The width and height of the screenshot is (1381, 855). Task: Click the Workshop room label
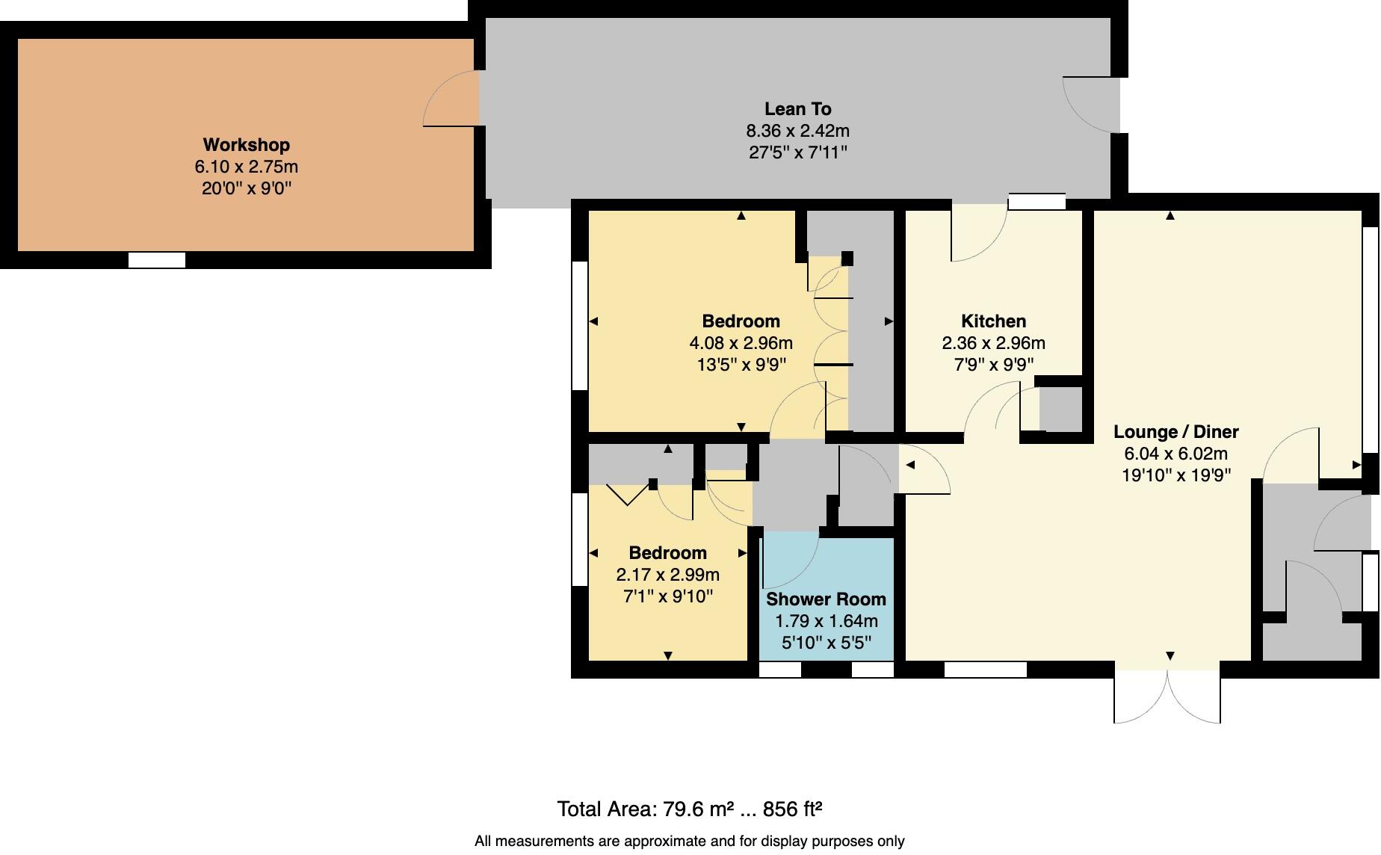pyautogui.click(x=246, y=145)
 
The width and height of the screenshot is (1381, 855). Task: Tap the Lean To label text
pyautogui.click(x=797, y=109)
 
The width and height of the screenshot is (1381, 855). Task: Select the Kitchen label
pyautogui.click(x=993, y=321)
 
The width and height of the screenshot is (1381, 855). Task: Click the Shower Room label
pyautogui.click(x=826, y=599)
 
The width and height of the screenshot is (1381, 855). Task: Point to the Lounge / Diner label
pyautogui.click(x=1175, y=432)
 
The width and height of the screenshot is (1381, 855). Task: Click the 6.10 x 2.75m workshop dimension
pyautogui.click(x=246, y=167)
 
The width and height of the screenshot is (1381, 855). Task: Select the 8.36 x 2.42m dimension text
pyautogui.click(x=797, y=131)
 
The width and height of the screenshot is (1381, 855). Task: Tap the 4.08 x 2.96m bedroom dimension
pyautogui.click(x=741, y=343)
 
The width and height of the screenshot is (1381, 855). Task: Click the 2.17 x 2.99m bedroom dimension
pyautogui.click(x=667, y=575)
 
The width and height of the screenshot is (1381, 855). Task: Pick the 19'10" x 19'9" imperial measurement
pyautogui.click(x=1175, y=475)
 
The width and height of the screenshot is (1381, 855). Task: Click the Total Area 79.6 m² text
pyautogui.click(x=689, y=809)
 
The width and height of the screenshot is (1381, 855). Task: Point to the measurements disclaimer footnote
pyautogui.click(x=689, y=842)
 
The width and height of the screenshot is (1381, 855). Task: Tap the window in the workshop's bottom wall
pyautogui.click(x=157, y=260)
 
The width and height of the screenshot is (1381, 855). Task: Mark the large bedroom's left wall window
pyautogui.click(x=579, y=325)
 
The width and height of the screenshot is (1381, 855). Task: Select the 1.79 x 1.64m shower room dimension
pyautogui.click(x=826, y=621)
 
